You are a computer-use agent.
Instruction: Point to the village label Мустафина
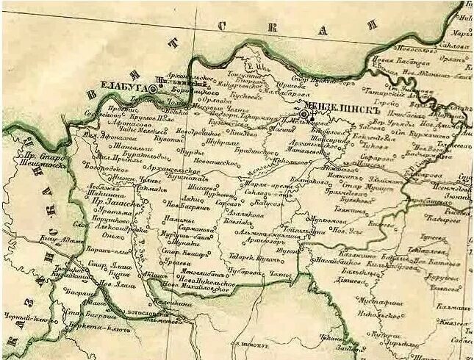click(380, 301)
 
